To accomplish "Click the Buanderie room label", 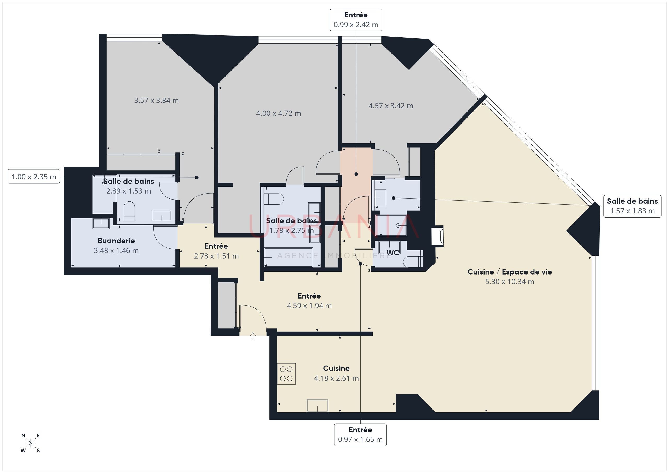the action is [116, 241].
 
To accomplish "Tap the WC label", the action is [393, 253].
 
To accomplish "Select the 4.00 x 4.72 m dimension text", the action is [278, 113].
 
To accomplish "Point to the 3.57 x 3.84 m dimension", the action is [157, 101].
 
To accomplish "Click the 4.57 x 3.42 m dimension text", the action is [391, 106].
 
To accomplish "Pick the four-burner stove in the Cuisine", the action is [286, 374].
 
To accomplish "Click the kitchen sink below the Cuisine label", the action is [317, 405].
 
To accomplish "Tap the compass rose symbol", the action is [31, 443].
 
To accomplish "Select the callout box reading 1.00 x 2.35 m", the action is [34, 177].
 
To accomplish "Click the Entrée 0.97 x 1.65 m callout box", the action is [360, 435].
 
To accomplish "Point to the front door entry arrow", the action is [253, 336].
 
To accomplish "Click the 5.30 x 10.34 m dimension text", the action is [510, 282].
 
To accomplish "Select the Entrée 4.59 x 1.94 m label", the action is [309, 301].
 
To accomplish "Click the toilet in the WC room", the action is [414, 261].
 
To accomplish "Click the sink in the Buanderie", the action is [101, 224].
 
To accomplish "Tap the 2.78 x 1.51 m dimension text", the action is [216, 256].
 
